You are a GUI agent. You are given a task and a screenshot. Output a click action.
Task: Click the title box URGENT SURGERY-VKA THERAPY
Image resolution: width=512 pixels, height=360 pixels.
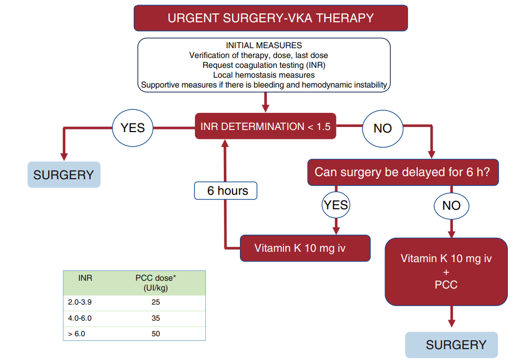(x=271, y=18)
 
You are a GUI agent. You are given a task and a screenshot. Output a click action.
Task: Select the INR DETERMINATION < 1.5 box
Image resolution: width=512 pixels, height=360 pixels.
(x=265, y=126)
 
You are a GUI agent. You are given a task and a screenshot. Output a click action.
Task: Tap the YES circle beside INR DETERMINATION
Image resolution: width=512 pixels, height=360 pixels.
(x=133, y=128)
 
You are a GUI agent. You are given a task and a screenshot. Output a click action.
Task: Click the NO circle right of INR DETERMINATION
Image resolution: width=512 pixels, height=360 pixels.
(x=382, y=128)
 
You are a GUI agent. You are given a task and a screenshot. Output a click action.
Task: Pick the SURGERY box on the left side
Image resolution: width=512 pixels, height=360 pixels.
(x=64, y=175)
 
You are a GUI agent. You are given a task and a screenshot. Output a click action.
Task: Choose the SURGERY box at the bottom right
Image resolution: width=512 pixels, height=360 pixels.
(x=451, y=345)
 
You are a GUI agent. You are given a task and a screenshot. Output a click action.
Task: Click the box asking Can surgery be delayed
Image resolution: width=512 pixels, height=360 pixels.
(x=403, y=172)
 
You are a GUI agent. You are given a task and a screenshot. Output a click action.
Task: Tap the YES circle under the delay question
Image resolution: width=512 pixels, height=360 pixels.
(x=336, y=205)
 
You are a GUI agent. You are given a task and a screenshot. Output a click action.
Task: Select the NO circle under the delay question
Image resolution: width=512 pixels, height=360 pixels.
(x=451, y=206)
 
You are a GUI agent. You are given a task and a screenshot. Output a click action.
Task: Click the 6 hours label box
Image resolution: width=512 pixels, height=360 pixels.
(x=225, y=191)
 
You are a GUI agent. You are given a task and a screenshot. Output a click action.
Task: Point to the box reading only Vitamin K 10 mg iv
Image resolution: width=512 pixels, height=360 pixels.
(x=305, y=248)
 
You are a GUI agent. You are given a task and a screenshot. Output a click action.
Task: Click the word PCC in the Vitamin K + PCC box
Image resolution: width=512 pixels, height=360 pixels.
(x=446, y=285)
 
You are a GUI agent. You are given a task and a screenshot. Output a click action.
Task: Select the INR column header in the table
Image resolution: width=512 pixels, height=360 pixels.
(x=85, y=278)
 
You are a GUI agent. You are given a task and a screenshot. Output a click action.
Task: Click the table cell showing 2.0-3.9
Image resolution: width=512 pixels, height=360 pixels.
(x=80, y=302)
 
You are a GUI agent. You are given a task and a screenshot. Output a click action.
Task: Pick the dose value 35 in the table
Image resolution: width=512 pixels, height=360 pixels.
(x=156, y=318)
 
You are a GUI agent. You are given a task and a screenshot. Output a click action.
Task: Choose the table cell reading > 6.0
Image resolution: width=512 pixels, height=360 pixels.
(x=76, y=334)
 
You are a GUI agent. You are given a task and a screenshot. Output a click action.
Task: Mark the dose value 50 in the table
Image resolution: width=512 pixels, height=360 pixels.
(x=156, y=334)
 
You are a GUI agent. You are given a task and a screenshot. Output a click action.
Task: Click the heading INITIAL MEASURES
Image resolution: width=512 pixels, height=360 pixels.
(x=264, y=46)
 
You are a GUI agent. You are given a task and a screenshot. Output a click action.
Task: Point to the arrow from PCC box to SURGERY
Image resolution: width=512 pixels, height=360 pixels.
(x=451, y=316)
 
